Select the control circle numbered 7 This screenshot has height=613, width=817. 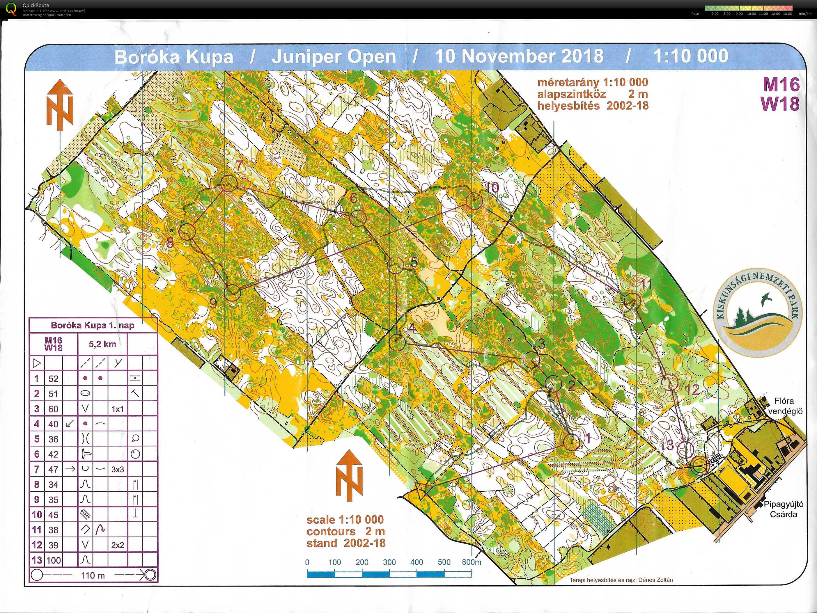point(229,183)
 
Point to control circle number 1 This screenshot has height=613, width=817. point(571,442)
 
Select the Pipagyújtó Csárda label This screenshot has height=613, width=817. point(783,509)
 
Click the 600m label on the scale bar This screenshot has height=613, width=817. point(471,562)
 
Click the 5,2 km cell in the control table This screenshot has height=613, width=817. point(102,344)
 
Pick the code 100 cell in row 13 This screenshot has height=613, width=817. point(53,560)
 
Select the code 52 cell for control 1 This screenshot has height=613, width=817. point(53,379)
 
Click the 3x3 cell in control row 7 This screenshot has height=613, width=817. point(118,469)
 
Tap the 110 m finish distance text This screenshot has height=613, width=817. point(93,575)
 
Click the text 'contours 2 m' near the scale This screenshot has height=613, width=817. point(345,531)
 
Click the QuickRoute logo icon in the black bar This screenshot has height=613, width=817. point(11,9)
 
